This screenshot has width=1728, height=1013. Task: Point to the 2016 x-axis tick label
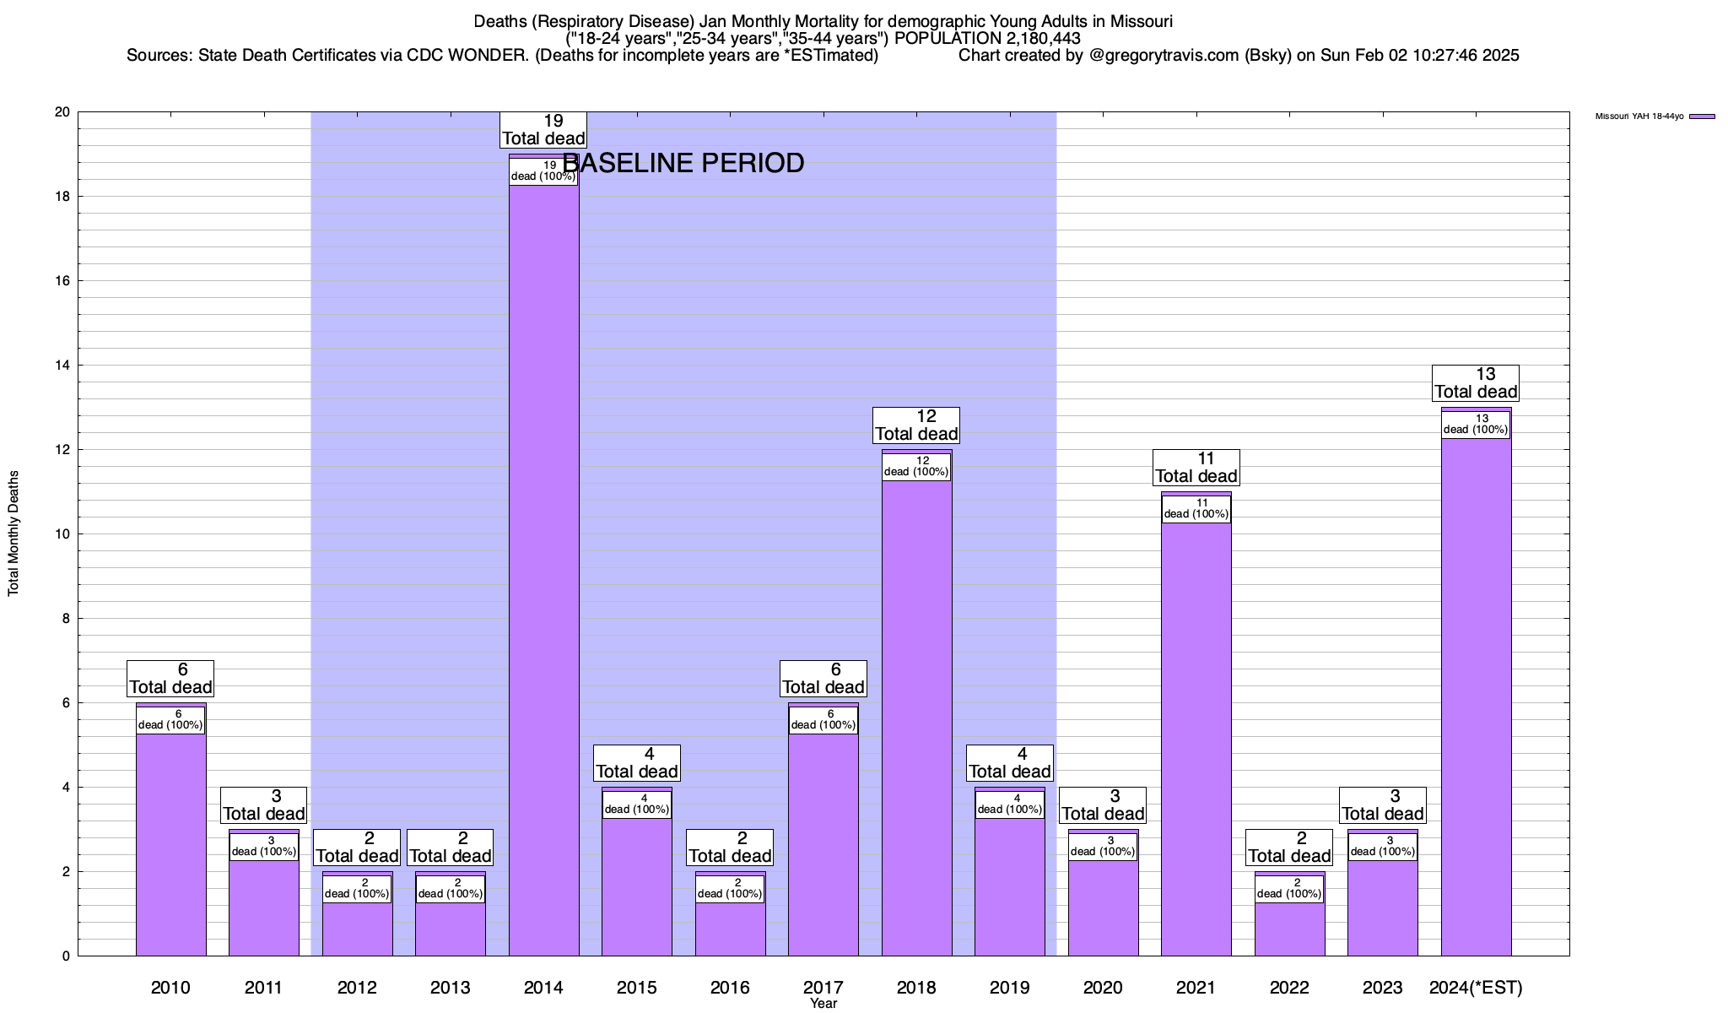tap(730, 988)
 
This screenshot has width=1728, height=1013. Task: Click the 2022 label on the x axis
tap(1289, 988)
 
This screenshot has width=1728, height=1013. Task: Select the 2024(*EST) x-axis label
tap(1476, 988)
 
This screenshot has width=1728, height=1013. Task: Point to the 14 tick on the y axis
tap(62, 366)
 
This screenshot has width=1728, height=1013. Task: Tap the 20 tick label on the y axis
tap(62, 112)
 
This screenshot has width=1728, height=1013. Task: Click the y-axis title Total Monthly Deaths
tap(13, 534)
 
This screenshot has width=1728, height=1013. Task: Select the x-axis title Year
tap(823, 1004)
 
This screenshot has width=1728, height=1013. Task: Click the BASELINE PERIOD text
tap(683, 163)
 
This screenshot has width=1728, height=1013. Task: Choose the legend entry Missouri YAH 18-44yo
tap(1639, 116)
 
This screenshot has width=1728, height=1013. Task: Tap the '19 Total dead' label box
tap(543, 130)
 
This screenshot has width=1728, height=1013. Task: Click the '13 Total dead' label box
tap(1476, 383)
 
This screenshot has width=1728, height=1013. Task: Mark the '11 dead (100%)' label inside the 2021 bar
tap(1196, 509)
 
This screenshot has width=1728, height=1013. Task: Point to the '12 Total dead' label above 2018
tap(916, 425)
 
